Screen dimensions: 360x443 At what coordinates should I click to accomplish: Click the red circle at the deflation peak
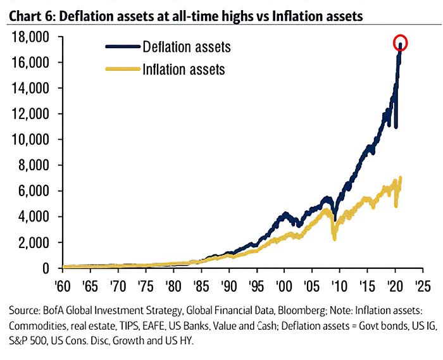pyautogui.click(x=401, y=43)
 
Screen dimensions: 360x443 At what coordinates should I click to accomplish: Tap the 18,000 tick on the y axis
pyautogui.click(x=30, y=37)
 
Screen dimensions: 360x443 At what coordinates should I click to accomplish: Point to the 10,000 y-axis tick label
pyautogui.click(x=30, y=140)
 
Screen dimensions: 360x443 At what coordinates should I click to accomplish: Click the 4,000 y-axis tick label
pyautogui.click(x=33, y=217)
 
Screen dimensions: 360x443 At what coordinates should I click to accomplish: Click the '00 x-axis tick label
pyautogui.click(x=284, y=285)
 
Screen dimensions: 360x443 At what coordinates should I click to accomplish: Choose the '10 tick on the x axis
pyautogui.click(x=340, y=285)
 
